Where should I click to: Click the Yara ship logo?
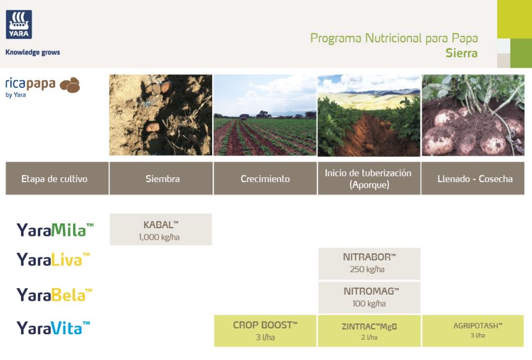[x=19, y=25]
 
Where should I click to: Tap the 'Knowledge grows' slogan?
[x=32, y=52]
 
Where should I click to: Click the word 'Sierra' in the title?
[x=461, y=53]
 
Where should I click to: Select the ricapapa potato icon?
[x=70, y=85]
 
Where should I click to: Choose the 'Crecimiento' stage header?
[x=265, y=179]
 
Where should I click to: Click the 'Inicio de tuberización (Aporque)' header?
[x=369, y=179]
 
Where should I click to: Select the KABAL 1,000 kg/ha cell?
[x=161, y=229]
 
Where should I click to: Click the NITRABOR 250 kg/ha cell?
[x=369, y=264]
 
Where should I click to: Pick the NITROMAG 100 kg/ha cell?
[x=369, y=297]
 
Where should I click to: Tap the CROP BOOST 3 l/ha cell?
[x=265, y=331]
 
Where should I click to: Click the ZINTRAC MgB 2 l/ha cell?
[x=369, y=331]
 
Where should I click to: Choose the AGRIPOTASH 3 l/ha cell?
[x=473, y=331]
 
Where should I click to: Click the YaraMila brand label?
[x=55, y=229]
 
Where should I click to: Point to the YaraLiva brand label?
[x=53, y=259]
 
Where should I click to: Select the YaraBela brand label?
[x=55, y=294]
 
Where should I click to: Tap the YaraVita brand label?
[x=53, y=328]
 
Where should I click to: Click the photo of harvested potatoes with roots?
[x=473, y=116]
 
